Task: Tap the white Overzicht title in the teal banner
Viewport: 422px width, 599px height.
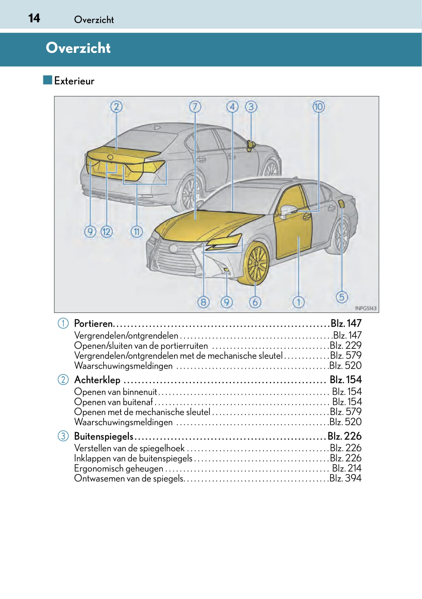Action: [x=78, y=48]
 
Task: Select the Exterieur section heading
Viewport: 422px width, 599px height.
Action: [x=74, y=81]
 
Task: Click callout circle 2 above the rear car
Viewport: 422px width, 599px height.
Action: [x=116, y=107]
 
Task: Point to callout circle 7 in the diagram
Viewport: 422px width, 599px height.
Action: [x=195, y=107]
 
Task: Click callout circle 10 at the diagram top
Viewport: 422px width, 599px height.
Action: [x=318, y=107]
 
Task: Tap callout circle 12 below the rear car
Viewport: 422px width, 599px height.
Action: [x=106, y=231]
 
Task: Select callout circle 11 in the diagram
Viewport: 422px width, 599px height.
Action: [x=136, y=231]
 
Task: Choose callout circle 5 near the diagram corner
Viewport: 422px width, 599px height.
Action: [x=342, y=297]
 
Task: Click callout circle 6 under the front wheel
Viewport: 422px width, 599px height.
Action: [x=255, y=302]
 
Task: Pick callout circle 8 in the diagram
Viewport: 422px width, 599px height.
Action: [x=203, y=302]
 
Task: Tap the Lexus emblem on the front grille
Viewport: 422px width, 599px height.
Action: [x=173, y=248]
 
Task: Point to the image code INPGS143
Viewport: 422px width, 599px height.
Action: [x=366, y=308]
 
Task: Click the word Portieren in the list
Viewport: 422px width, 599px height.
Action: [x=94, y=323]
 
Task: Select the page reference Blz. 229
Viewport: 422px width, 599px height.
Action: [x=346, y=345]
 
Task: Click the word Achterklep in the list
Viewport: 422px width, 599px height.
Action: [x=97, y=380]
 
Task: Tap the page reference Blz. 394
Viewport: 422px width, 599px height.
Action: [x=345, y=478]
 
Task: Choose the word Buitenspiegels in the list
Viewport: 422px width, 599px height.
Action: [x=104, y=436]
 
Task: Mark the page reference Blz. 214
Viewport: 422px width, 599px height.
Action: [x=347, y=468]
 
